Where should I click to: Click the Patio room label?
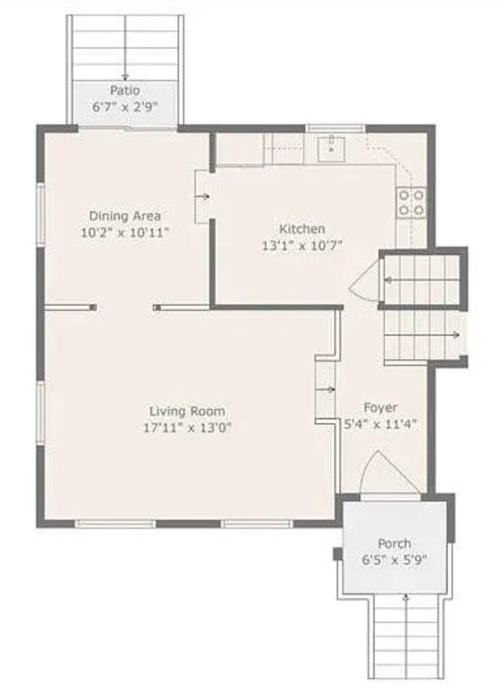pyautogui.click(x=125, y=90)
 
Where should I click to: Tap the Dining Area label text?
pyautogui.click(x=125, y=216)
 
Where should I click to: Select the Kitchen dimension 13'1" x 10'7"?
pyautogui.click(x=302, y=245)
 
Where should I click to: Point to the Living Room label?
pyautogui.click(x=187, y=411)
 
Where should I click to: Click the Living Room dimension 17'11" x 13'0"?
pyautogui.click(x=187, y=428)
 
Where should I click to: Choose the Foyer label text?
pyautogui.click(x=380, y=407)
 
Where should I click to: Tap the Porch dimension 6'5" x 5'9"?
pyautogui.click(x=395, y=560)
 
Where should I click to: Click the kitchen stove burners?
pyautogui.click(x=411, y=202)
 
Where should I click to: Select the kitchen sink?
pyautogui.click(x=331, y=149)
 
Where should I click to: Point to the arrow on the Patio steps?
pyautogui.click(x=125, y=48)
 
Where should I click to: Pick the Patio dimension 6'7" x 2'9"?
pyautogui.click(x=125, y=107)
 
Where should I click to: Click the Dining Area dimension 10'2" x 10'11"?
pyautogui.click(x=125, y=232)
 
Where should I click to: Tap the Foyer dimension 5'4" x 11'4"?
pyautogui.click(x=380, y=424)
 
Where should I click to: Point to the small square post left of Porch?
pyautogui.click(x=338, y=554)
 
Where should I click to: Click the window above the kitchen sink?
pyautogui.click(x=336, y=129)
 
